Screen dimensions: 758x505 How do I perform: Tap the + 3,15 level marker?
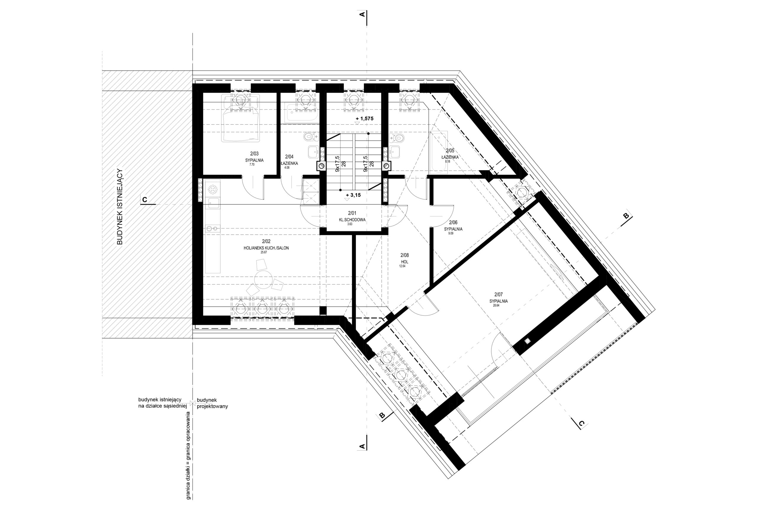(353, 196)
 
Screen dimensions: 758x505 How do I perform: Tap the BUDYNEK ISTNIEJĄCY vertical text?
(120, 207)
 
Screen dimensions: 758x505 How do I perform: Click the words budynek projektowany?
(212, 403)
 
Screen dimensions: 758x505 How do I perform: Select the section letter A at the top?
(362, 15)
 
